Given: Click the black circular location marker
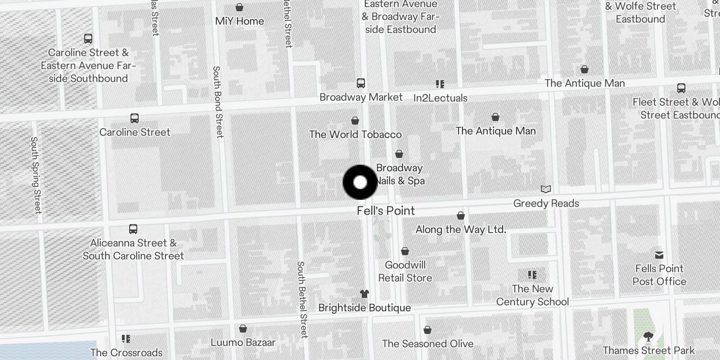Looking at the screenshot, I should click(360, 182).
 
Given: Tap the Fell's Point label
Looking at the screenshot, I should click(386, 211).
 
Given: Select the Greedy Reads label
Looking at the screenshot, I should click(546, 203).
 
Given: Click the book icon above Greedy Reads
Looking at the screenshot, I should click(545, 189).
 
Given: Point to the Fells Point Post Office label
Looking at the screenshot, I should click(659, 275).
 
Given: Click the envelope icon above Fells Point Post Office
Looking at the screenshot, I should click(659, 255).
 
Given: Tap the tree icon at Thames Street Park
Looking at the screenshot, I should click(648, 336).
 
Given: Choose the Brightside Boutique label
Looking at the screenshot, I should click(364, 308).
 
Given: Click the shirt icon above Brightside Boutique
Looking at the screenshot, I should click(364, 294).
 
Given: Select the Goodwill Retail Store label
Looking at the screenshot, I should click(405, 271).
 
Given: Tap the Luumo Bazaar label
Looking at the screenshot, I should click(243, 342).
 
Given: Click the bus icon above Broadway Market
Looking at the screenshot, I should click(360, 83).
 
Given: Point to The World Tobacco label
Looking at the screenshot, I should click(355, 134).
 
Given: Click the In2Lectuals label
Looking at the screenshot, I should click(440, 98).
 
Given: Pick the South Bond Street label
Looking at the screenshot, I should click(218, 102).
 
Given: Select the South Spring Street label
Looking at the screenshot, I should click(36, 175).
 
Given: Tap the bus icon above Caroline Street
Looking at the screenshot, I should click(134, 118).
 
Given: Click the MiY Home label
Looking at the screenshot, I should click(239, 21).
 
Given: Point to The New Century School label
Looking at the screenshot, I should click(532, 295).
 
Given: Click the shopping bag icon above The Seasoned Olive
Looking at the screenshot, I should click(427, 330).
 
